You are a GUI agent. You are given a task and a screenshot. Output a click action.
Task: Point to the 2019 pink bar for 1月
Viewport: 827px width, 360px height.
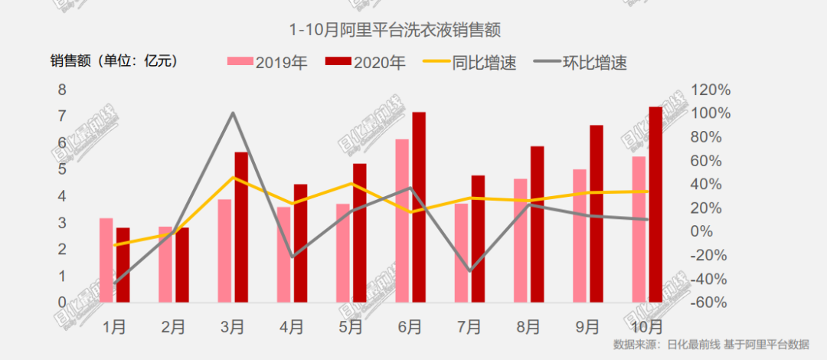coord(106,260)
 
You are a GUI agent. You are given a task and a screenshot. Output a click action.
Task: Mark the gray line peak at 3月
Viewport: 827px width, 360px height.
coord(233,113)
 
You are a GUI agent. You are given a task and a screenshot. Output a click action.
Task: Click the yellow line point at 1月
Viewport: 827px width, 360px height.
coord(115,245)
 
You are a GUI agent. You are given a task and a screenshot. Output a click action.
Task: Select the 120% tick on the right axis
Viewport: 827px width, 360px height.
coord(710,90)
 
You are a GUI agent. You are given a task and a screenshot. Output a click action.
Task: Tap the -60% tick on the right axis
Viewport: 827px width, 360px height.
coord(710,302)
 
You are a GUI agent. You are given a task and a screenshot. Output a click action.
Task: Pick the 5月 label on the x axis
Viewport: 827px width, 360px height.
coord(351,327)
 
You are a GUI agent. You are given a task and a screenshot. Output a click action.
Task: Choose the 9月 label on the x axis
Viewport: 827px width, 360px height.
coord(587,327)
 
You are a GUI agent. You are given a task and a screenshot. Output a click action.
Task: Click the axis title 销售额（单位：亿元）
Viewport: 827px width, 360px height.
coord(116,61)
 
